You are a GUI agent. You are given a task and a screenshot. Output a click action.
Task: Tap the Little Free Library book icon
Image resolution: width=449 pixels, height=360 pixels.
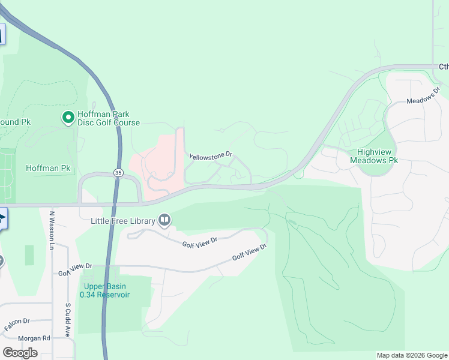coord(164,221)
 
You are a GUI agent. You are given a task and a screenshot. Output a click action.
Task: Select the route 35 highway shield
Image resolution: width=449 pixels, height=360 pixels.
coord(118,173)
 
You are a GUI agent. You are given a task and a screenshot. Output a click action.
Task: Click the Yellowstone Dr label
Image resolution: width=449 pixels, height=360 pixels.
coord(210,156)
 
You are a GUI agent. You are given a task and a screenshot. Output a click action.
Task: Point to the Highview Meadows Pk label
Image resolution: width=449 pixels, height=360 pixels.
coord(374,156)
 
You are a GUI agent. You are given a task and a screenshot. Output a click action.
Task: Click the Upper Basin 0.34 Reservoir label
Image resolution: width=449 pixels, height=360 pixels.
coord(107,290)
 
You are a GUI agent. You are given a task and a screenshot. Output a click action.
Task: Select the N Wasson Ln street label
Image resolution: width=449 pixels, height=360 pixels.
coord(52,230)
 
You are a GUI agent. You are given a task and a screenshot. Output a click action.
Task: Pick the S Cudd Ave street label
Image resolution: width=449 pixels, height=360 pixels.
coord(68,318)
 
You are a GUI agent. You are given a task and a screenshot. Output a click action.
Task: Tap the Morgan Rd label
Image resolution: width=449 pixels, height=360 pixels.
coord(33,338)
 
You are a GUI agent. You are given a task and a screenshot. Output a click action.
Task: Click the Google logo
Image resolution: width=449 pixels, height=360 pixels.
coord(20,352)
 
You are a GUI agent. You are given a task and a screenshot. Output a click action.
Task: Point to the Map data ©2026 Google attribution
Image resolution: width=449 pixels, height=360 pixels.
coord(412,355)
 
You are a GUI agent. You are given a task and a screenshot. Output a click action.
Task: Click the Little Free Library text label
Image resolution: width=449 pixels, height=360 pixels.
coord(122,221)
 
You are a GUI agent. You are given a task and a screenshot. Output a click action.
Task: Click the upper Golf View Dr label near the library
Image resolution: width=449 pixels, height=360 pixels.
coord(199,242)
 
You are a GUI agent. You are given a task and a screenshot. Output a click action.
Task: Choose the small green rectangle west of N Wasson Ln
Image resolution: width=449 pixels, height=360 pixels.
coord(29,255)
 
